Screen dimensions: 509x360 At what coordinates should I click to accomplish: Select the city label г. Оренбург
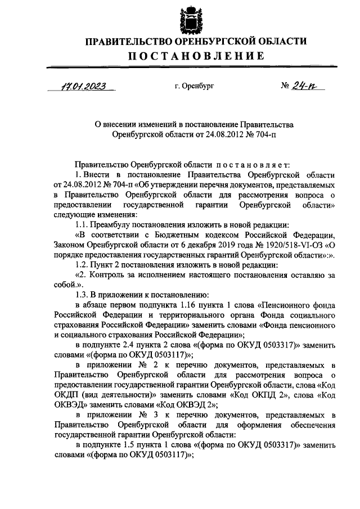coord(195,87)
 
